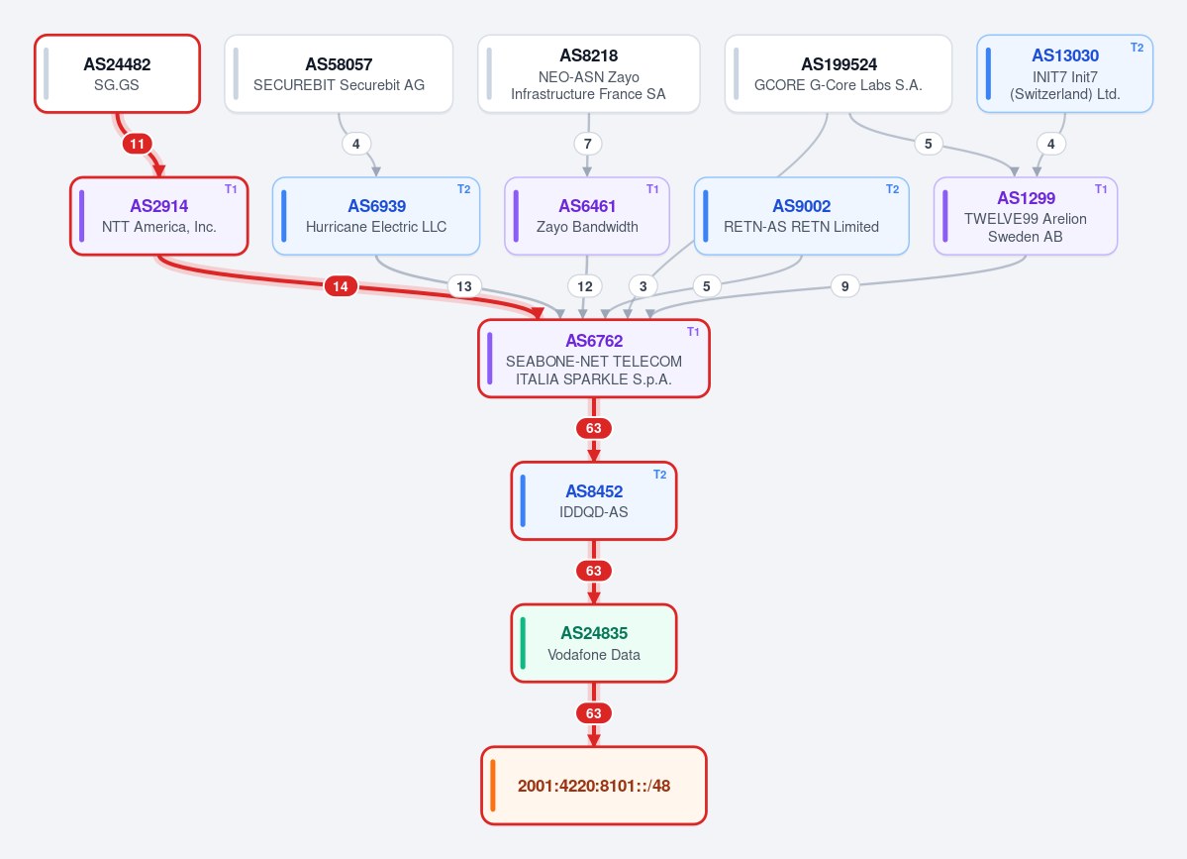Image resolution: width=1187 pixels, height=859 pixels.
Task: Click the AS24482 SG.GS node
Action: [x=118, y=73]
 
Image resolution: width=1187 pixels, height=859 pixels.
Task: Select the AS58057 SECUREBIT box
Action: [x=339, y=73]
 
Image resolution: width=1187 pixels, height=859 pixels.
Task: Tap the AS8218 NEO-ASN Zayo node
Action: [x=589, y=73]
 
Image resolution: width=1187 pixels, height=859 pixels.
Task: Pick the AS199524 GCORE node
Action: [x=838, y=73]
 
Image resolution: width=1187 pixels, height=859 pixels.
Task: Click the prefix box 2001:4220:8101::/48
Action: [x=594, y=786]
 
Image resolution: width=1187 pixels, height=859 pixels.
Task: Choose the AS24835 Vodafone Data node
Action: [x=594, y=643]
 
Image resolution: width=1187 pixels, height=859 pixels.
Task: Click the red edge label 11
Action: [x=137, y=144]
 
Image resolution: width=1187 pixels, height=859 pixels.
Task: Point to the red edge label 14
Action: [x=341, y=286]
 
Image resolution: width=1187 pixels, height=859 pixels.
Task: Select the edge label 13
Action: [x=464, y=286]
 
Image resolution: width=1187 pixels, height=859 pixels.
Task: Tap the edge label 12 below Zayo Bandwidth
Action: [x=585, y=286]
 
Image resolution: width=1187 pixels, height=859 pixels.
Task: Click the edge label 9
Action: [x=844, y=286]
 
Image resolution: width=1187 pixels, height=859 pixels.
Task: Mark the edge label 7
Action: [x=587, y=144]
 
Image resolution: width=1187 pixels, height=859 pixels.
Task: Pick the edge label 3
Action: [x=643, y=286]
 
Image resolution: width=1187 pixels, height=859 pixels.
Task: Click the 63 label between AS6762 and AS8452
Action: [x=594, y=429]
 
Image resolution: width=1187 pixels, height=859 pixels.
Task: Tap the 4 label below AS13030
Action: [x=1050, y=144]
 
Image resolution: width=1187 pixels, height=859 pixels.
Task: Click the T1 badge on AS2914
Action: [x=231, y=189]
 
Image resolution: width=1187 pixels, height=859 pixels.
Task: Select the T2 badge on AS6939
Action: [x=464, y=189]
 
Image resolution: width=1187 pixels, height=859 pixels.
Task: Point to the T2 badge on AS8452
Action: [x=660, y=475]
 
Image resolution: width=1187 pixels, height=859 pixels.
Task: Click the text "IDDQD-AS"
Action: [x=594, y=512]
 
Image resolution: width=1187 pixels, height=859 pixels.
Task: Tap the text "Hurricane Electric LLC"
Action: [x=376, y=227]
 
